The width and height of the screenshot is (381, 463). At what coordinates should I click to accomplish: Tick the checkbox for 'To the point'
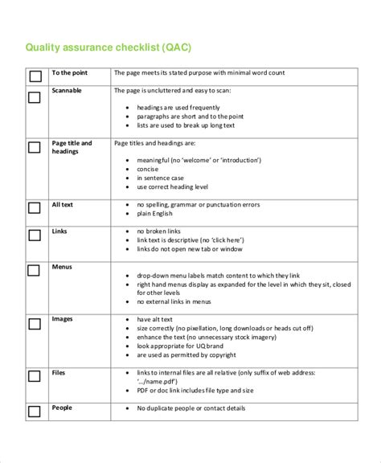tap(35, 78)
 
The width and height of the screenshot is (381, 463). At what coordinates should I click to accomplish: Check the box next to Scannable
tap(35, 97)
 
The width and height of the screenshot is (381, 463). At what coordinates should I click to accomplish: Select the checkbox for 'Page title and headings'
tap(35, 148)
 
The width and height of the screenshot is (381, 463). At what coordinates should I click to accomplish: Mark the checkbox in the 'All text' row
tap(35, 208)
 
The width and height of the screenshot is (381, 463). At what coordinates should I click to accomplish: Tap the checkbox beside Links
tap(35, 235)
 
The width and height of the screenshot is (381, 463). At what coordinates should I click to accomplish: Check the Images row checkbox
tap(35, 325)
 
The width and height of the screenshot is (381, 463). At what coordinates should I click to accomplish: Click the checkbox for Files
tap(35, 375)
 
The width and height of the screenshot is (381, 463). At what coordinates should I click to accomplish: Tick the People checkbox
tap(35, 412)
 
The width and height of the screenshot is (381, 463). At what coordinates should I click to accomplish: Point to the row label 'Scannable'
tap(67, 91)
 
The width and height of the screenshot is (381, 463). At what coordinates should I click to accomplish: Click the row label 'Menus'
tap(63, 266)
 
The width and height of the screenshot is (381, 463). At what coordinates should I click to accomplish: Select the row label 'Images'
tap(63, 319)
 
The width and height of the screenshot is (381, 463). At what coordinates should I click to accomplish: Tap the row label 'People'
tap(63, 408)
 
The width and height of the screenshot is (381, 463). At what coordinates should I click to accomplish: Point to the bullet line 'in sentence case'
tap(162, 178)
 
